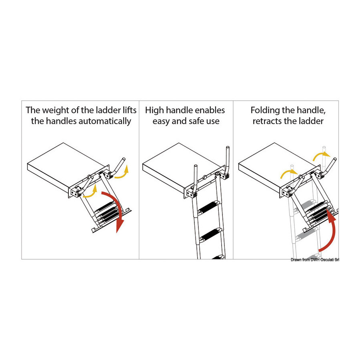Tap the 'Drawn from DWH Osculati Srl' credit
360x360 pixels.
pyautogui.click(x=315, y=260)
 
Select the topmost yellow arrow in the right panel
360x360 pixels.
pyautogui.click(x=320, y=156)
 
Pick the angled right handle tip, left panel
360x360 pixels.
pyautogui.click(x=124, y=159)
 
